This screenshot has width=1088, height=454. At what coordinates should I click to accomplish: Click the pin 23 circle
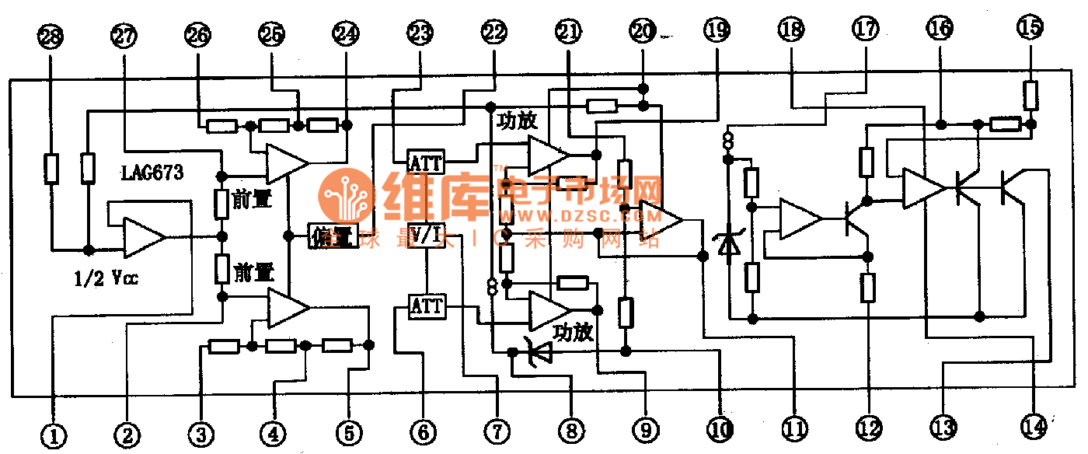click(x=420, y=33)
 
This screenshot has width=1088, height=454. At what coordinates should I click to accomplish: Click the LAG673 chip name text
click(x=152, y=173)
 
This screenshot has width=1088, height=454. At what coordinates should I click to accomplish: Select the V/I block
click(x=426, y=236)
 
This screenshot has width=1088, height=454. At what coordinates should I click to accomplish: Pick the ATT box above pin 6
click(x=427, y=306)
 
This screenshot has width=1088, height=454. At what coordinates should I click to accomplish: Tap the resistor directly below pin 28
click(x=51, y=169)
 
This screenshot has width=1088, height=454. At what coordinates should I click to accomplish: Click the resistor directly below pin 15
click(x=1030, y=95)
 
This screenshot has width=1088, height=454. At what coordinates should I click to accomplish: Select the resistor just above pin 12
click(x=869, y=288)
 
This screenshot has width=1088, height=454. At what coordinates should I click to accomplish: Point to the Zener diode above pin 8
click(x=538, y=354)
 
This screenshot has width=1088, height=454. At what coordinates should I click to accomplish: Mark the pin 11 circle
click(x=794, y=427)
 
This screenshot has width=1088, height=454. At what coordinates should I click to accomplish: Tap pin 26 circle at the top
click(x=197, y=33)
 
